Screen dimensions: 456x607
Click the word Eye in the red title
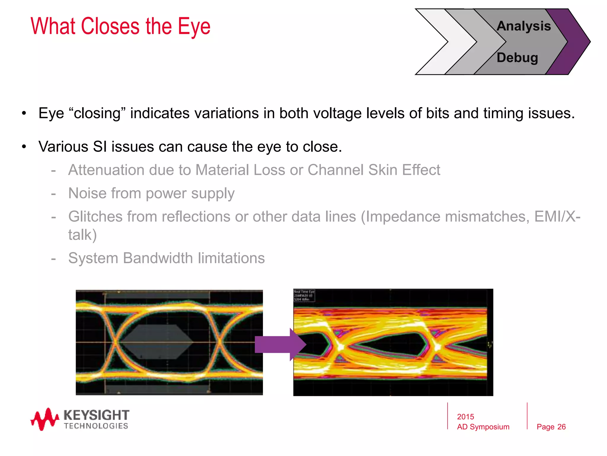[x=194, y=27]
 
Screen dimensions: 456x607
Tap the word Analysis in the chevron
[x=523, y=26]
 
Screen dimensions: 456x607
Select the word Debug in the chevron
[x=517, y=58]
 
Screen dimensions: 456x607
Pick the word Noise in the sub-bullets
[x=87, y=193]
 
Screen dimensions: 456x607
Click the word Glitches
[x=95, y=216]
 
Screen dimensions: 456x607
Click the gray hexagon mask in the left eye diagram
[x=157, y=341]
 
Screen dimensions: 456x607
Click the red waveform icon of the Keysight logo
[x=44, y=419]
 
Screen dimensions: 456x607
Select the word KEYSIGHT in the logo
[x=96, y=415]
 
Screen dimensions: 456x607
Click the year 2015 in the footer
[x=465, y=417]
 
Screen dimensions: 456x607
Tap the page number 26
[x=561, y=427]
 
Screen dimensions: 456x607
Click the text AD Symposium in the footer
[x=483, y=427]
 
